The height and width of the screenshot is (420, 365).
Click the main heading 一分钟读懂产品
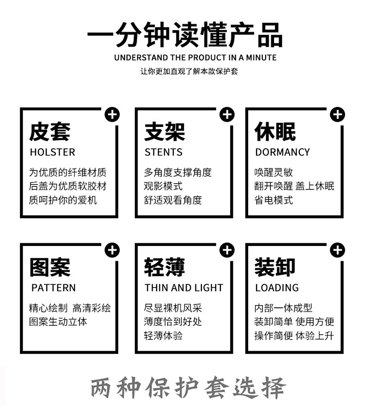(x=184, y=35)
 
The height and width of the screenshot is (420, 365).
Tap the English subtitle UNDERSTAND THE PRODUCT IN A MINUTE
(x=195, y=58)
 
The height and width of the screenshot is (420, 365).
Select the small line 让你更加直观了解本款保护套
(x=189, y=72)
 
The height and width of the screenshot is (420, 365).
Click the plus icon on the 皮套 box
(x=112, y=114)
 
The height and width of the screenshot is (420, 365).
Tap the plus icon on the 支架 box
(x=227, y=114)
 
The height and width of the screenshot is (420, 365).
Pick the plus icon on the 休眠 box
(x=338, y=114)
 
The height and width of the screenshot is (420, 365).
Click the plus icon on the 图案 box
(x=112, y=250)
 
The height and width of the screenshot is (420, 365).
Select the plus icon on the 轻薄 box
(x=227, y=250)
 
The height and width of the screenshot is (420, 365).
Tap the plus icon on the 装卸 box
(x=338, y=250)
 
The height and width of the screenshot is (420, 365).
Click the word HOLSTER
(x=52, y=152)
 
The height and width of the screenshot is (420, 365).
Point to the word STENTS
(x=164, y=152)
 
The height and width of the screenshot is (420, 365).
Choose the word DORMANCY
(x=282, y=152)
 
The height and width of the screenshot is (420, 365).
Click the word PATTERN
(x=54, y=288)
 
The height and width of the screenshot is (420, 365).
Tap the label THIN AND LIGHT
(x=184, y=288)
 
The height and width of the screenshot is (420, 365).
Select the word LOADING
(x=277, y=288)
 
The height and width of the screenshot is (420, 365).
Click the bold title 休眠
(x=275, y=132)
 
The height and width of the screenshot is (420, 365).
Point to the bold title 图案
(x=49, y=268)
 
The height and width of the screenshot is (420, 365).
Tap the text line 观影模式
(x=163, y=186)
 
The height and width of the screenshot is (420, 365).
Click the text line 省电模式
(x=274, y=200)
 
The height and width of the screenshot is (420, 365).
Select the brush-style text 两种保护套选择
(x=188, y=388)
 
